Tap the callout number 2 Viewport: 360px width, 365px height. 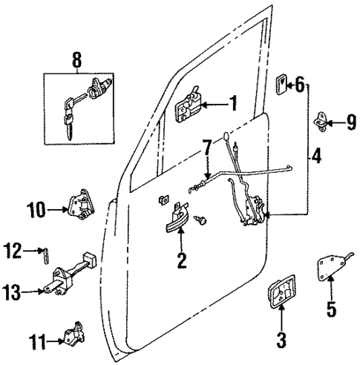tap(180, 260)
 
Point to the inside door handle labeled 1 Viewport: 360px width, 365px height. tap(189, 103)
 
